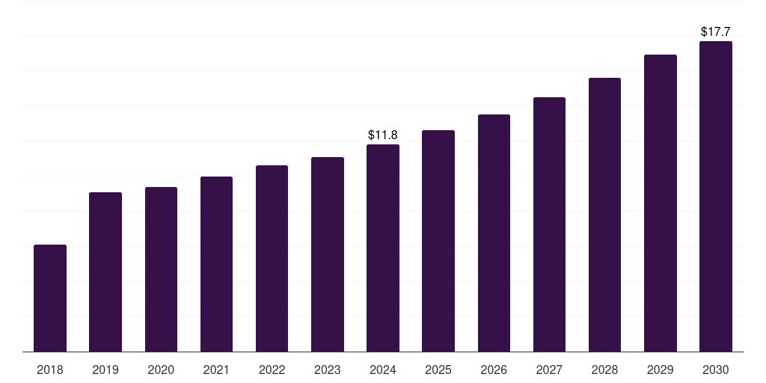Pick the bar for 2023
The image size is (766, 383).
tap(328, 254)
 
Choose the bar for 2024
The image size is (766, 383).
tap(383, 248)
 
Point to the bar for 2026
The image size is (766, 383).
tap(494, 233)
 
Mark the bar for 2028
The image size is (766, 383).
tap(604, 215)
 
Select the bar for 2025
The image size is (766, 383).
tap(438, 241)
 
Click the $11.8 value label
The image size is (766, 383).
tap(383, 135)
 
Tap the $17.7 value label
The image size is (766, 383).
tap(716, 32)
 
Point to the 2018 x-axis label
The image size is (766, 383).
tap(50, 370)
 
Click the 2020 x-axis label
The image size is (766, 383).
tap(161, 370)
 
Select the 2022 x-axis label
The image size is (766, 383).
tap(272, 370)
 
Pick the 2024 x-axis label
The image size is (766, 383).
tap(383, 370)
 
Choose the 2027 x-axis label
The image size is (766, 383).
tap(549, 370)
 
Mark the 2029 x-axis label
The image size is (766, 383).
tap(660, 370)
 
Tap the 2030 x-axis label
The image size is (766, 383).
tap(716, 370)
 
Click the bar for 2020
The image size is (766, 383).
tap(161, 269)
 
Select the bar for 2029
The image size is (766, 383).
tap(660, 203)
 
